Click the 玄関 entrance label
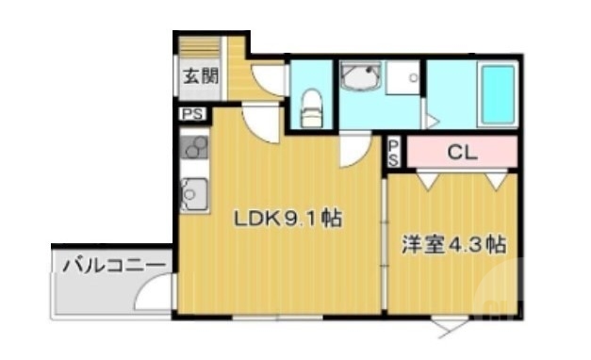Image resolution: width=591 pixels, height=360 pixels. coord(200,76)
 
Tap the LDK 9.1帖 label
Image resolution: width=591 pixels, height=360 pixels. coord(287,220)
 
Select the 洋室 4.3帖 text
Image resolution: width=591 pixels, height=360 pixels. coord(453,246)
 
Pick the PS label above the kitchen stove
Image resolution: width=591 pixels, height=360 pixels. coord(193,116)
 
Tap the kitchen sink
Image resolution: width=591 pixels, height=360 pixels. coord(194,195)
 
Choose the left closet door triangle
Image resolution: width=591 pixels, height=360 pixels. coord(427,179)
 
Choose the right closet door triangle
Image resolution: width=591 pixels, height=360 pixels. coord(495,179)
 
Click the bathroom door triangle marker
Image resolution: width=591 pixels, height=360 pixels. coord(432,121)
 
